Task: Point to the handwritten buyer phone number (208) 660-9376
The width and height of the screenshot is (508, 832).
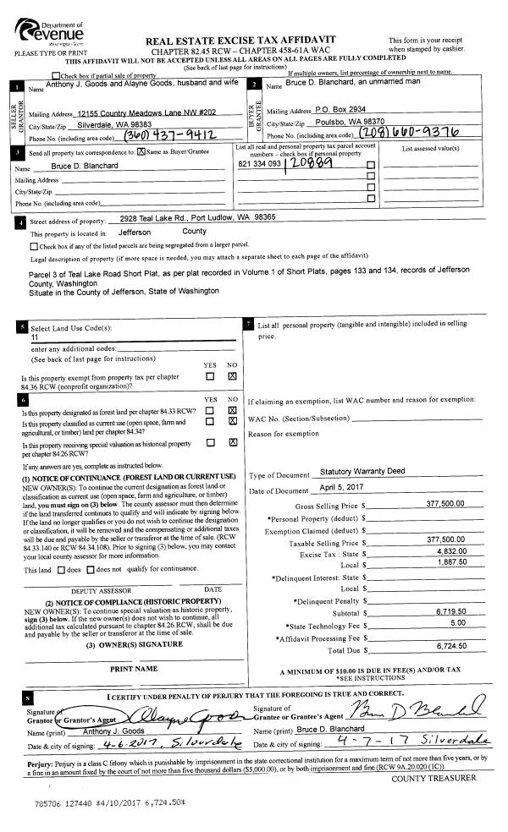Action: coord(410,134)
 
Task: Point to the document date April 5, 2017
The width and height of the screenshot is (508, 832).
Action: coord(340,490)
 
